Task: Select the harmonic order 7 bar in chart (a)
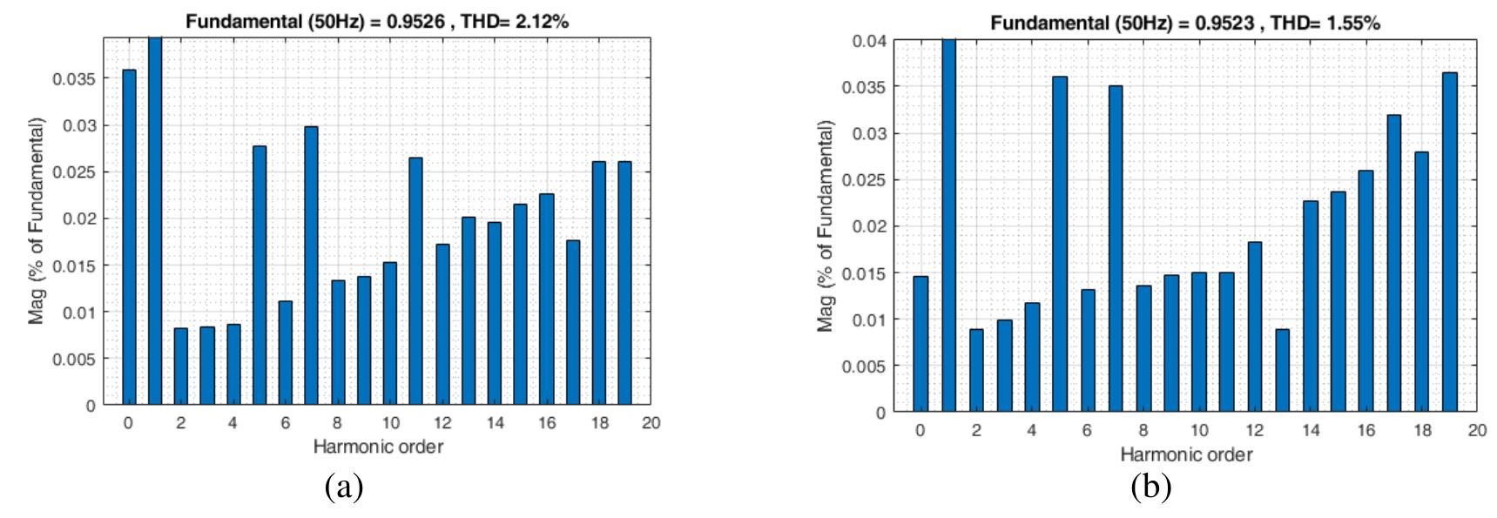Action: tap(311, 266)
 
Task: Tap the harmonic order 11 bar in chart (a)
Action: tap(415, 281)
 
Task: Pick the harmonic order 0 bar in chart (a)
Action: tap(129, 237)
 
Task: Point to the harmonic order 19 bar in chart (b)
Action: tap(1450, 242)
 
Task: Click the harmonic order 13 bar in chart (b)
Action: tap(1283, 370)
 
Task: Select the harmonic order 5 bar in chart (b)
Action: tap(1060, 244)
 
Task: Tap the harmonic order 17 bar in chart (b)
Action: tap(1394, 263)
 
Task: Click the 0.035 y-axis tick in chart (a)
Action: tap(77, 79)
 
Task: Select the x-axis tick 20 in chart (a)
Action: tap(651, 423)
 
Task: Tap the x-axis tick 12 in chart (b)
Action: tap(1255, 430)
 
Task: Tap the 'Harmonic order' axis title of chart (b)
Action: tap(1186, 454)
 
